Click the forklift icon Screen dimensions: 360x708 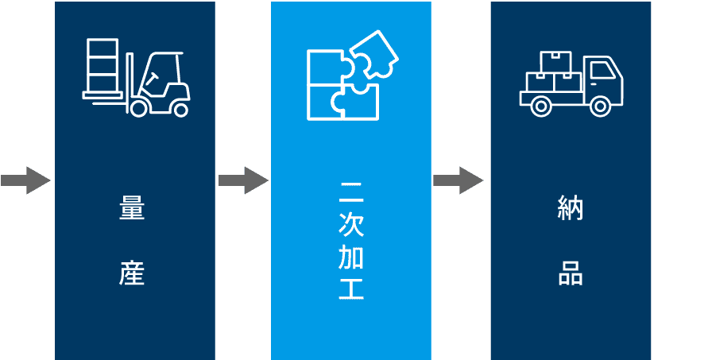click(136, 76)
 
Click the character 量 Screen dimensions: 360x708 click(132, 211)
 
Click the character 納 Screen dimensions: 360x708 click(571, 211)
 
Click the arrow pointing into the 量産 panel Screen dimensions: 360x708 click(25, 180)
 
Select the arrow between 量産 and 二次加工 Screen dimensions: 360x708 click(242, 180)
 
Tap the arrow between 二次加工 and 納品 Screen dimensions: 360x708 click(459, 180)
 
